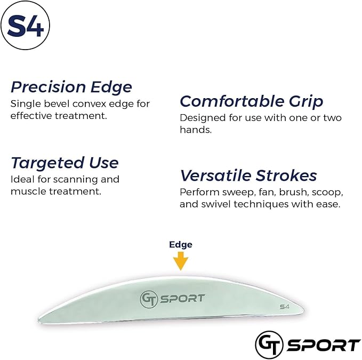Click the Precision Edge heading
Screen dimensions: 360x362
71,87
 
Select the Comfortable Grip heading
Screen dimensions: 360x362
251,101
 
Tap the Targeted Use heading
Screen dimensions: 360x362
65,163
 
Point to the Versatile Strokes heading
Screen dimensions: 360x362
248,175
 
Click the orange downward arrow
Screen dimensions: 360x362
181,261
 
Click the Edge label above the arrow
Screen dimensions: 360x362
181,245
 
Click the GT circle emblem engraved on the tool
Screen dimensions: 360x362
149,299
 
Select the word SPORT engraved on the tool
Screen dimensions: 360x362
181,298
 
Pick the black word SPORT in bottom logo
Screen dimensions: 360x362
323,345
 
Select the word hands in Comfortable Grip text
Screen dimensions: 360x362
196,130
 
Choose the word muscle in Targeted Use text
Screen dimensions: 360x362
27,191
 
